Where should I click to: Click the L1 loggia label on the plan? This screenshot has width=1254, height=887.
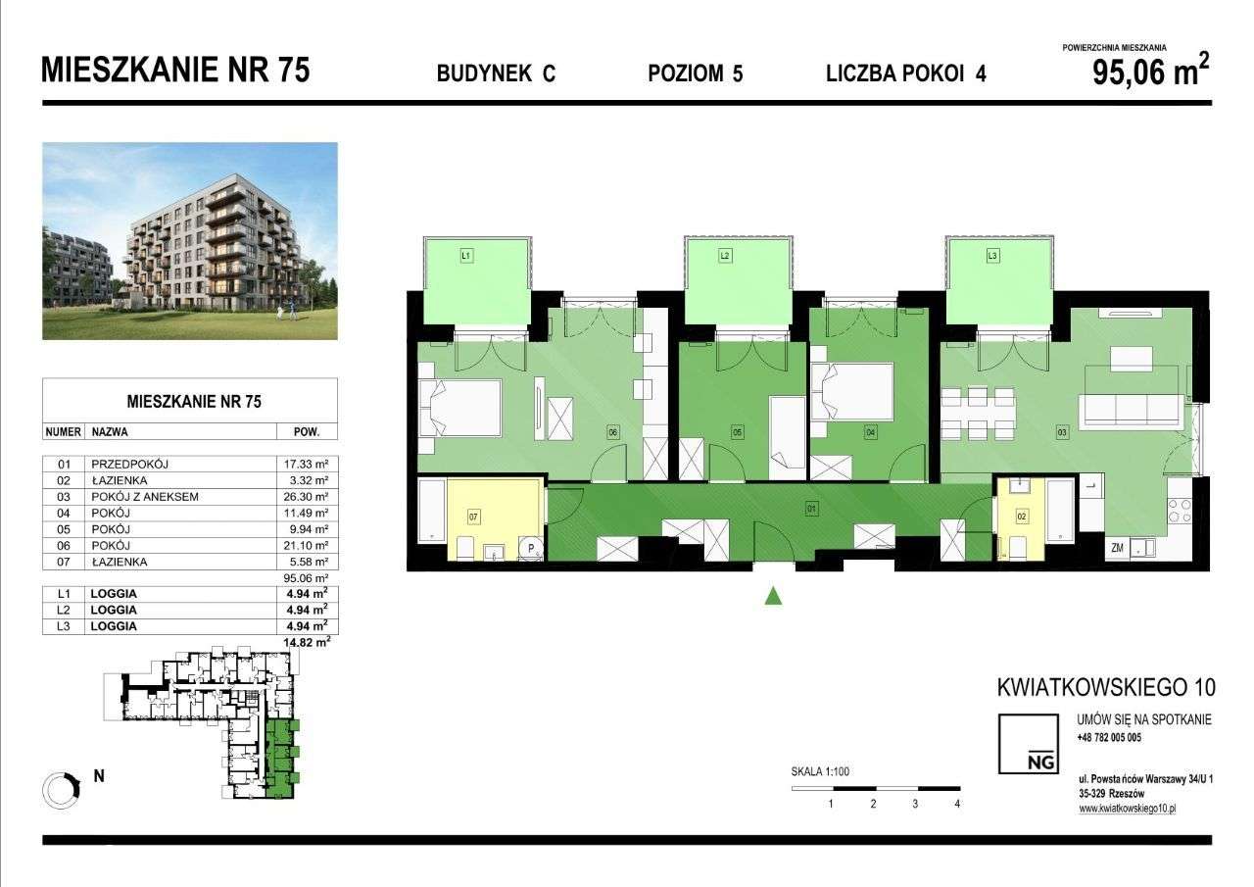466,256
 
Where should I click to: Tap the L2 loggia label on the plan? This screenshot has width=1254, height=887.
725,256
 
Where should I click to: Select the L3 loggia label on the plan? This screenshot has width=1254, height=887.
992,256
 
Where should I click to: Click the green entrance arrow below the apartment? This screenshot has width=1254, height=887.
773,594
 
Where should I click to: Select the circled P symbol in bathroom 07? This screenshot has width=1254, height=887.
532,548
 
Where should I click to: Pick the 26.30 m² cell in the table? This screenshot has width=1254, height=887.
307,497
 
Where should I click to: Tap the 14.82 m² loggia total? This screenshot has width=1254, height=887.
307,642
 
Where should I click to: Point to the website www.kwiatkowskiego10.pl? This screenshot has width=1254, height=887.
1127,809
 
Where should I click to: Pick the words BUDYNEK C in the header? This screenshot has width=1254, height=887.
496,74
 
